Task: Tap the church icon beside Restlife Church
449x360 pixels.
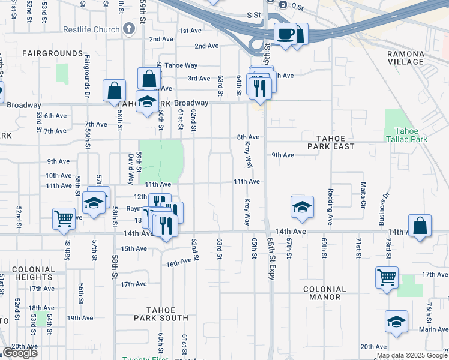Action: point(128,28)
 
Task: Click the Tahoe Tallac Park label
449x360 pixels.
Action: point(411,136)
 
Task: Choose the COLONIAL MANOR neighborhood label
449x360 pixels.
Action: point(325,293)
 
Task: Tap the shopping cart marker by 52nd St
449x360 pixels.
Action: point(64,219)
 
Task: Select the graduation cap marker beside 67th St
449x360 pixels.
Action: point(302,207)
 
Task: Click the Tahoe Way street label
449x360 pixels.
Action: point(181,66)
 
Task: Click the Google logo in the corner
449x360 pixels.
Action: point(20,353)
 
